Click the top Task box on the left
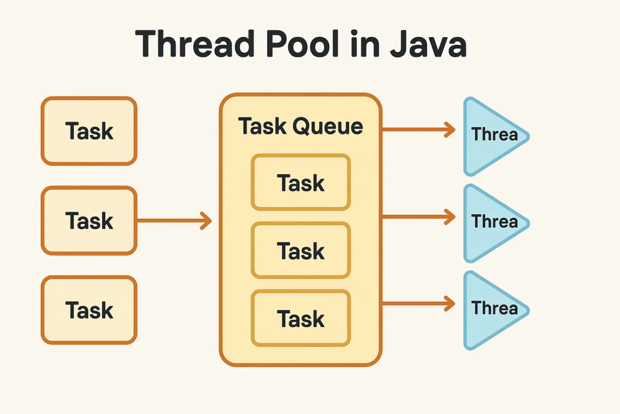coord(89,131)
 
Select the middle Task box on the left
coord(89,221)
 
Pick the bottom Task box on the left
coord(89,310)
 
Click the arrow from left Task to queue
coord(174,221)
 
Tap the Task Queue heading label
coord(301,126)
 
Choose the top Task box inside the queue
coord(301,183)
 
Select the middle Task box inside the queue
coord(301,251)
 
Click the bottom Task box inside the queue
coord(301,318)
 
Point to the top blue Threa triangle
coord(491,136)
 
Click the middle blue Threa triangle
coord(491,222)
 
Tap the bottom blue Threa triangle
coord(491,309)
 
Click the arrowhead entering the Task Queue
coord(206,221)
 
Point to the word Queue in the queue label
coord(332,126)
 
